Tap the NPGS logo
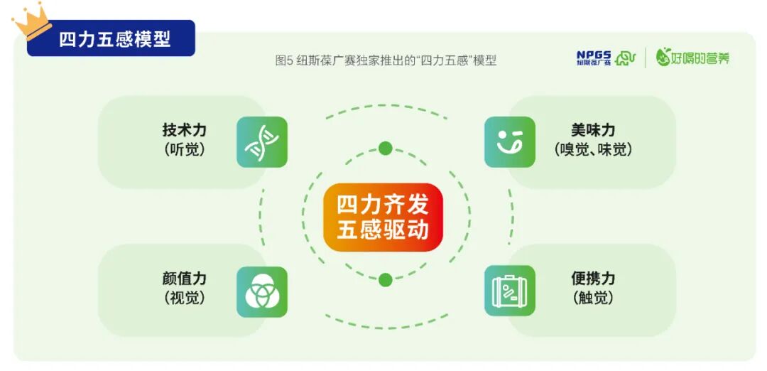click(604, 58)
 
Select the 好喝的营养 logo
click(692, 58)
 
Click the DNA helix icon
click(261, 142)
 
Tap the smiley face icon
click(509, 142)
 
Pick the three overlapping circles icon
click(261, 291)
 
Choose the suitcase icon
click(509, 291)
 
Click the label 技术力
click(184, 131)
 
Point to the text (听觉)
click(184, 150)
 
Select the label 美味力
click(592, 131)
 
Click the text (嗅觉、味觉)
click(592, 150)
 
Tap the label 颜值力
click(184, 279)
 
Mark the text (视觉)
click(184, 298)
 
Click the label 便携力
click(592, 279)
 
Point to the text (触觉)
click(592, 298)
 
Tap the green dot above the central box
click(385, 149)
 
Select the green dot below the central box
click(385, 280)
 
